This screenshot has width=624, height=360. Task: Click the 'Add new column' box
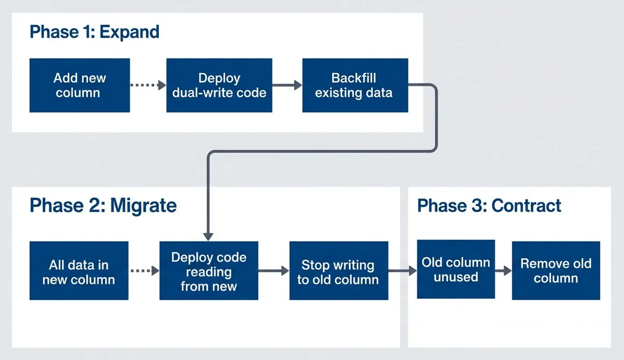point(79,85)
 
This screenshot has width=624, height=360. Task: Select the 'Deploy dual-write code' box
point(219,85)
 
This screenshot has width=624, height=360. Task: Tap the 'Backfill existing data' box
point(355,85)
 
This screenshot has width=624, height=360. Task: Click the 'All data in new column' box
point(79,270)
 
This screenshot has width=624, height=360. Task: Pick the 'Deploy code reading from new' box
point(208,270)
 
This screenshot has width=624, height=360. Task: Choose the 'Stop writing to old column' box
point(339,270)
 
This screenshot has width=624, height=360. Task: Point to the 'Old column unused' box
point(456,269)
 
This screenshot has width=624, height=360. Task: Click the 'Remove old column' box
point(556,270)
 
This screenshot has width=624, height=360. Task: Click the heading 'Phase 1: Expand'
point(94,32)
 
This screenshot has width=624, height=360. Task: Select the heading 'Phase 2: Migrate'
point(103,205)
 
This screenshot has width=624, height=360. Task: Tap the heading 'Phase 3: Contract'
point(489,205)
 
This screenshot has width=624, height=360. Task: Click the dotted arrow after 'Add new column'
point(147,85)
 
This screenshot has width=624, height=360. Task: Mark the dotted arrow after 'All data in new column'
point(144,270)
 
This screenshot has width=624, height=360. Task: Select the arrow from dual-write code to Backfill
point(287,85)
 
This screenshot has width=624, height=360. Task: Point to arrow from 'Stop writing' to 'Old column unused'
point(403,270)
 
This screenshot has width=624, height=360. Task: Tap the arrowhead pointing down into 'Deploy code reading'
point(208,235)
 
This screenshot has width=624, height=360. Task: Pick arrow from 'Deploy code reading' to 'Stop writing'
point(273,270)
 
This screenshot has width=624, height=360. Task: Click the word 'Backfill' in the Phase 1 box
point(354,78)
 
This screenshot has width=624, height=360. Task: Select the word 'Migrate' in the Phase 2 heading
point(143,205)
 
